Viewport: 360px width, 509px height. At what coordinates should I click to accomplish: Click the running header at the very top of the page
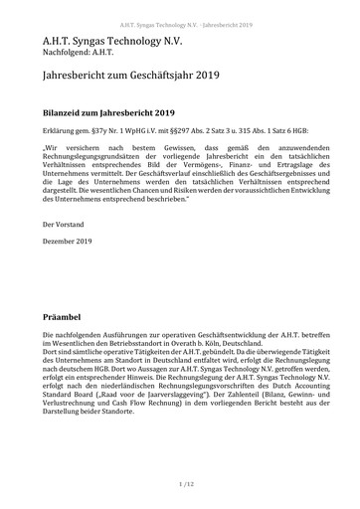[179, 9]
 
